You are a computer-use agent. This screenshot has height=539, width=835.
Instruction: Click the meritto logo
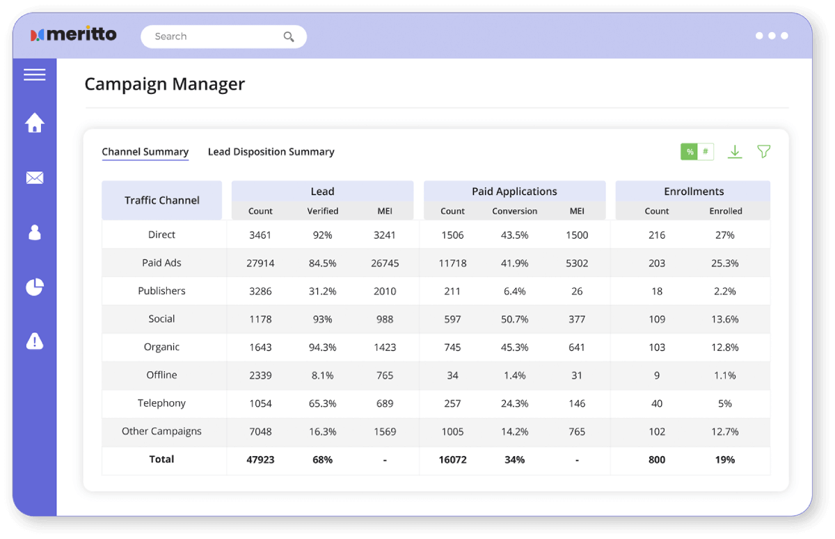point(74,35)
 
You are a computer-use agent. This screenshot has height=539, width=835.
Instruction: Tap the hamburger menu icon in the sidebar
point(35,75)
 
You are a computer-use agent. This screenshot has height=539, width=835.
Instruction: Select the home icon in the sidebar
point(35,123)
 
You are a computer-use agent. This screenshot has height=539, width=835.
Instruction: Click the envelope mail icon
point(35,178)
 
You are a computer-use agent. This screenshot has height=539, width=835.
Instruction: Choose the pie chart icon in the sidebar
point(35,286)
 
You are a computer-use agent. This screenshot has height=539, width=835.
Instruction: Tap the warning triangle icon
point(35,341)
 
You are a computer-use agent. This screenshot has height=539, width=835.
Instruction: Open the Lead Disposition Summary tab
point(271,152)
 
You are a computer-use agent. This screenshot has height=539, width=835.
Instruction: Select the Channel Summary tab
point(145,152)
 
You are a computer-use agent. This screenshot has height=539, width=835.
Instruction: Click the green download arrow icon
point(735,152)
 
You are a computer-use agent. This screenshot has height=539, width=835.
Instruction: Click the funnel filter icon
point(763,152)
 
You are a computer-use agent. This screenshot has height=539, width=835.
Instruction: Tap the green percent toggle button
point(690,152)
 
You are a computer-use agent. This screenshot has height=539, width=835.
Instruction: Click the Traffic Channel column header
point(161,201)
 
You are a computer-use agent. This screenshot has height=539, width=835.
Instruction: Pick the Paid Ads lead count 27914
point(260,263)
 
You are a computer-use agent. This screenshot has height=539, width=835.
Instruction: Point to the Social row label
point(161,319)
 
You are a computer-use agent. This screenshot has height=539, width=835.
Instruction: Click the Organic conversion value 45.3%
point(514,347)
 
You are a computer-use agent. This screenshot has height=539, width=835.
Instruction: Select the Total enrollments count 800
point(656,460)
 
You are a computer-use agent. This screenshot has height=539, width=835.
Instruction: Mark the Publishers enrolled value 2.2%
point(724,291)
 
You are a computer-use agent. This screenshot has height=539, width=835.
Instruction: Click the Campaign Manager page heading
point(165,84)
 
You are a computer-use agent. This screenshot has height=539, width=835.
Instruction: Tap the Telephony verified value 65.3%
point(322,403)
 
